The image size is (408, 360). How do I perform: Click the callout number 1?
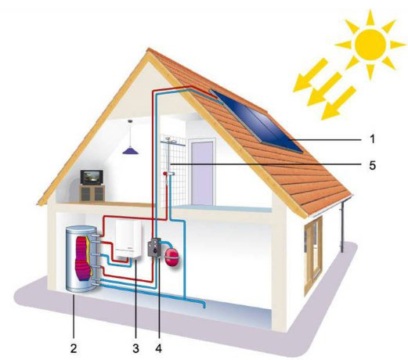(x=373, y=139)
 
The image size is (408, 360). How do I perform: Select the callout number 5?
(x=373, y=165)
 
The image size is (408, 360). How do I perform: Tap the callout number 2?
(x=74, y=348)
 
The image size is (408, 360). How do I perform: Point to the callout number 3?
(x=135, y=348)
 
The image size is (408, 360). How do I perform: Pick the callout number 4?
(x=159, y=348)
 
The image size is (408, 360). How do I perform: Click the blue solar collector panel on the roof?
(x=257, y=121)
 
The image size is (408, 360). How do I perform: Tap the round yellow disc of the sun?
(x=370, y=45)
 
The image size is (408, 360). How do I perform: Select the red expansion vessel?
(x=171, y=257)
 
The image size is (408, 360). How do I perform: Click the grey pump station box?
(x=154, y=247)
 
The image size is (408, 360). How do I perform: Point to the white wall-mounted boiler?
(x=128, y=239)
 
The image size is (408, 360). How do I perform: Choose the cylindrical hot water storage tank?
(x=81, y=259)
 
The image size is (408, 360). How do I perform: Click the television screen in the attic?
(x=92, y=178)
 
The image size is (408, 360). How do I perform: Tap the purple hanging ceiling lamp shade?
(x=131, y=150)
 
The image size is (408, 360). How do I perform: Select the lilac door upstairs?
(x=203, y=173)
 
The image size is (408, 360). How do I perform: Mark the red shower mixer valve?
(x=165, y=174)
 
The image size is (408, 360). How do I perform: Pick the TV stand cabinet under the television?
(x=92, y=193)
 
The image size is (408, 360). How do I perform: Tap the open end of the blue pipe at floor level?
(x=204, y=308)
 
